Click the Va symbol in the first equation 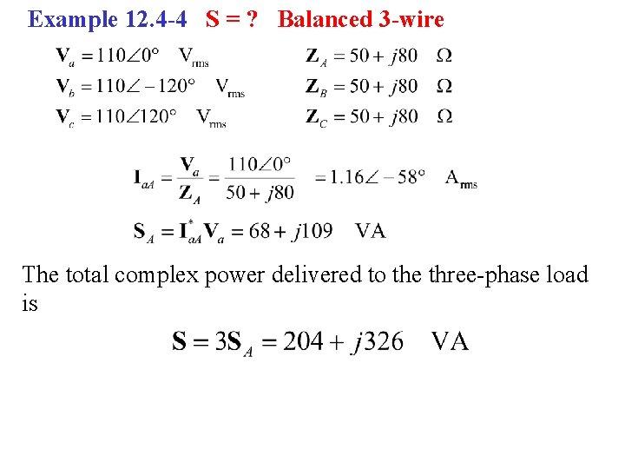point(64,56)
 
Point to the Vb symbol point(64,86)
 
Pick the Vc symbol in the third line point(64,116)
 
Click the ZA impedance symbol point(316,57)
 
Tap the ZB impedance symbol point(316,87)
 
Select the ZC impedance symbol point(316,117)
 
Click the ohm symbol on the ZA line point(444,56)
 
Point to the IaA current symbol point(148,179)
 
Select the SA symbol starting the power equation point(145,232)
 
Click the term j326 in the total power point(378,340)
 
